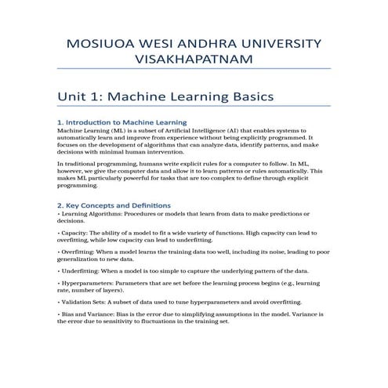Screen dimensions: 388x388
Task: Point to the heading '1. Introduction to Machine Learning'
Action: (121, 123)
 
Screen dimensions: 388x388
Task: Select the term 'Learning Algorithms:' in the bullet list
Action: (89, 214)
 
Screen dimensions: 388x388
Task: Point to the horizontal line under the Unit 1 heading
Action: (194, 109)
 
